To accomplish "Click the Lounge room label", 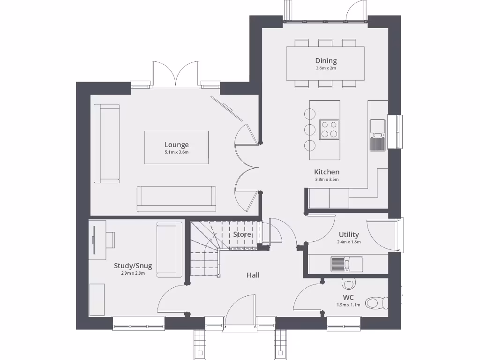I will point(176,145).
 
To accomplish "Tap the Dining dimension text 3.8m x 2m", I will point(326,68).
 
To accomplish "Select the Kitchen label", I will point(326,172).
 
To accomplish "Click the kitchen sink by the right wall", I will point(377,135).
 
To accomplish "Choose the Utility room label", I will point(349,234).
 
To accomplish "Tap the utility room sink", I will point(346,264).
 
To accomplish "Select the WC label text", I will point(348,298).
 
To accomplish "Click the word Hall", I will point(253,275).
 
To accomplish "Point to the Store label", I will point(242,234).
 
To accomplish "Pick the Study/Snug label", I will point(133,266).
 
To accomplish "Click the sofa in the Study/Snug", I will point(169,249).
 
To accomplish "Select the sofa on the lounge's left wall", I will point(107,143).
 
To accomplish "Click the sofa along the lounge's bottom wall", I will point(176,199).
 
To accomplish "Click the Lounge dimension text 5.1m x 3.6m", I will point(176,153).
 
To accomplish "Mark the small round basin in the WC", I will point(348,283).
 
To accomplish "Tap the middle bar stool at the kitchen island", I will point(310,130).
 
